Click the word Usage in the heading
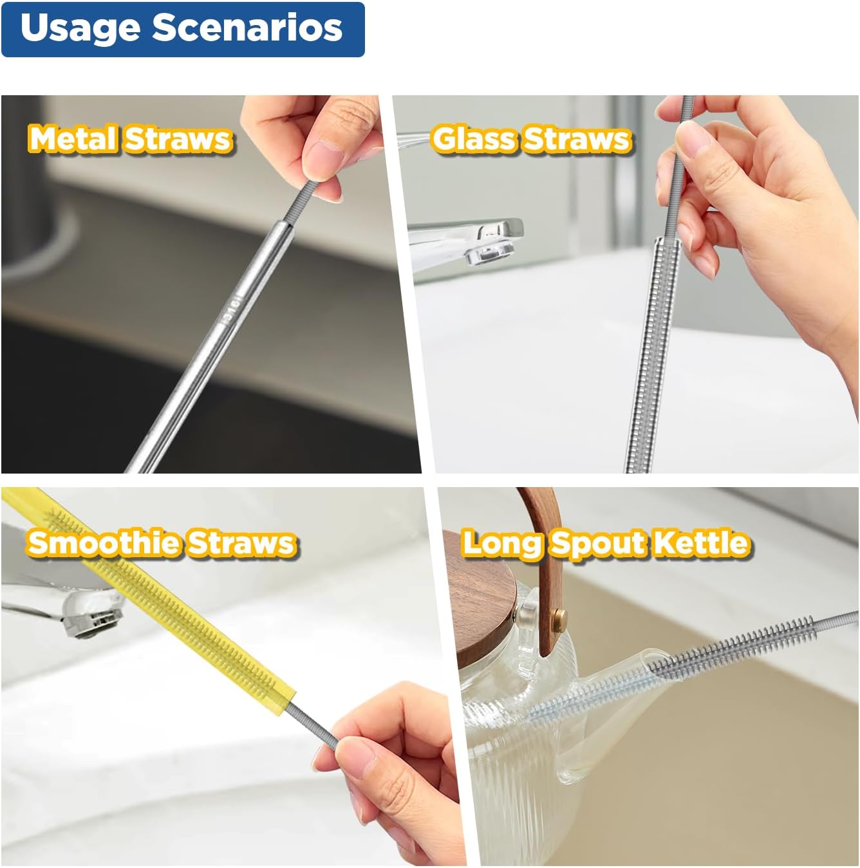80,29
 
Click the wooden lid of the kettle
489,579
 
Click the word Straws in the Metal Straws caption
178,139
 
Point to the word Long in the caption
501,544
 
